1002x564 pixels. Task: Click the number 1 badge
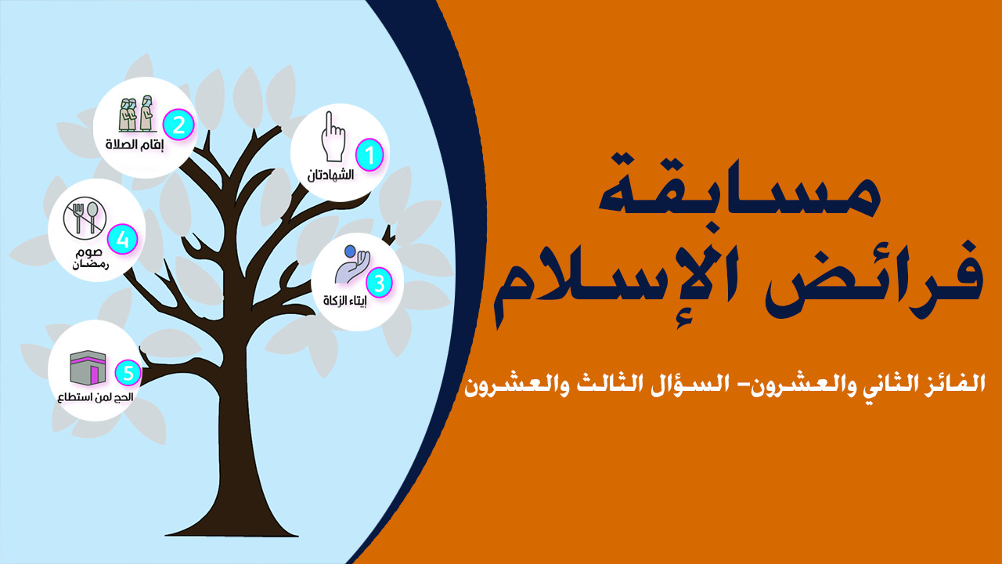[369, 155]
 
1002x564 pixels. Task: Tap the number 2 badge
[178, 125]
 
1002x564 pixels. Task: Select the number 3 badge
[379, 283]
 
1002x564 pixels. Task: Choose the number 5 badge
[128, 373]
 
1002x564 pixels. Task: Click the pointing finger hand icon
[333, 136]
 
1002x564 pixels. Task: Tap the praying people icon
[137, 114]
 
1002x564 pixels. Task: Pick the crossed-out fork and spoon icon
[85, 218]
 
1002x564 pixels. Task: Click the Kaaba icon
[88, 367]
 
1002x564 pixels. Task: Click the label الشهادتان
[330, 175]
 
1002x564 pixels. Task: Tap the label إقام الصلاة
[135, 144]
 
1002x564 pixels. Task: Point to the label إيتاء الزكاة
[345, 300]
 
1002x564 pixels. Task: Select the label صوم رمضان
[90, 259]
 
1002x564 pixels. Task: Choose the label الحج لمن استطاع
[96, 397]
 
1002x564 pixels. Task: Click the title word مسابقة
[740, 186]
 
